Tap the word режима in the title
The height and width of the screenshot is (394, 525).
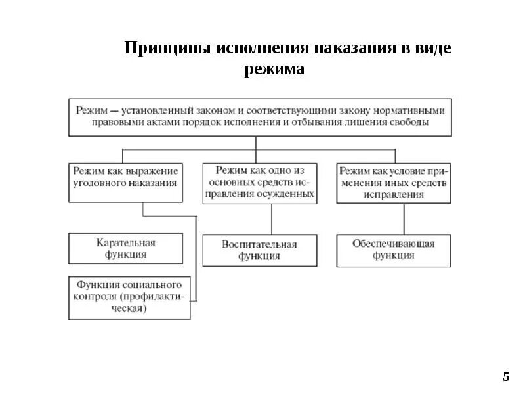(275, 68)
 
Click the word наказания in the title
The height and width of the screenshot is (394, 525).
(352, 49)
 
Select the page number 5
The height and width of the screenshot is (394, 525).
(506, 377)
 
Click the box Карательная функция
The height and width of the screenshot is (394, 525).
(125, 248)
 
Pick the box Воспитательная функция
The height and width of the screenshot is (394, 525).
(259, 250)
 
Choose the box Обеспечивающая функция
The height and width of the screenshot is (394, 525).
(393, 250)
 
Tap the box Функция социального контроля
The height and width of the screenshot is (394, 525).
(129, 297)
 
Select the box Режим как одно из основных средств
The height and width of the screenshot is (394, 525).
(259, 182)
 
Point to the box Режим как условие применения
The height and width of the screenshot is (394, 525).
(393, 182)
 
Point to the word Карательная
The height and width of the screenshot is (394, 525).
(125, 242)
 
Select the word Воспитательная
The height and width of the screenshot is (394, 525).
(259, 244)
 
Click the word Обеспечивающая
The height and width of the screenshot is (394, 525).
(393, 244)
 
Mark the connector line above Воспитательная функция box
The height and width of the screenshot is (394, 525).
(271, 218)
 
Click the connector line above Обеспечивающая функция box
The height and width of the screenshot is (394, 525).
(404, 218)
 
